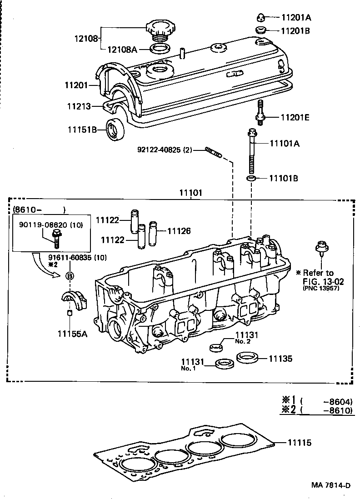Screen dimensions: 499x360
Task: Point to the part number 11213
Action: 78,106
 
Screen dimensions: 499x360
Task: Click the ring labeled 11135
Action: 248,358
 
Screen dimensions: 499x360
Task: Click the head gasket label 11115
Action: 299,442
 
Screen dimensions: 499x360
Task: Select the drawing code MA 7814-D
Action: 331,485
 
